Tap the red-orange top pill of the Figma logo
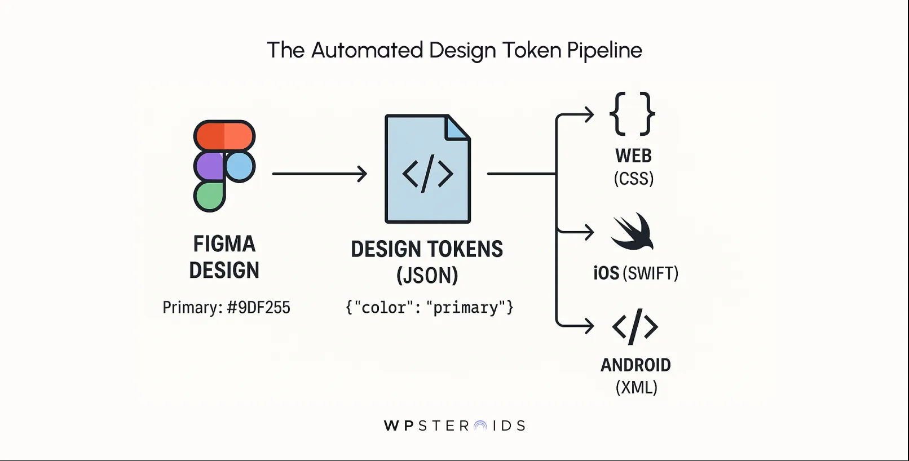[224, 136]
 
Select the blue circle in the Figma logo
[240, 166]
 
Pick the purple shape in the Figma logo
[209, 166]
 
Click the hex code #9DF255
[258, 308]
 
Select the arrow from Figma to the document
[319, 174]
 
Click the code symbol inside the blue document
[427, 174]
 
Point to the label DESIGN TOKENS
[427, 249]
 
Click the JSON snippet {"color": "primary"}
[429, 308]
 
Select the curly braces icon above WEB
[632, 114]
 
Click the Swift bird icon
[633, 232]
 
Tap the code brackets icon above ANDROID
[635, 326]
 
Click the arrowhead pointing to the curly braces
[589, 114]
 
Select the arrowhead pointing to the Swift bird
[589, 232]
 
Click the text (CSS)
[634, 179]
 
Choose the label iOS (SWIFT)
[636, 273]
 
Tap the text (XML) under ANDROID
[636, 388]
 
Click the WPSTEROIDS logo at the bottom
[454, 425]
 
